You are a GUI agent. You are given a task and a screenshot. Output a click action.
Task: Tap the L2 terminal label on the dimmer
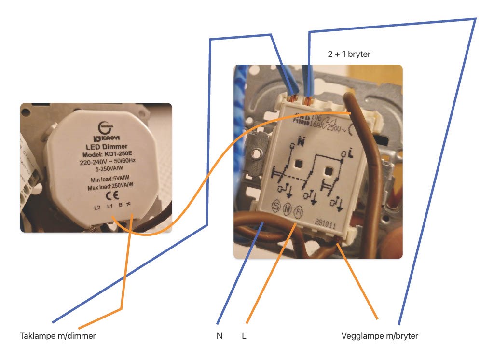pyautogui.click(x=96, y=208)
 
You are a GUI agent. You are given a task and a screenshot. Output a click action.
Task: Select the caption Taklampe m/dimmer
pyautogui.click(x=57, y=336)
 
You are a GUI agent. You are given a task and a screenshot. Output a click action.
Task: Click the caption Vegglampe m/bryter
pyautogui.click(x=379, y=336)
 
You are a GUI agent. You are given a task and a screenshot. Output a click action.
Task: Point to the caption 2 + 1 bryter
pyautogui.click(x=349, y=55)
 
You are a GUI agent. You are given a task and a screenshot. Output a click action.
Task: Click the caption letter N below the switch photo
pyautogui.click(x=220, y=336)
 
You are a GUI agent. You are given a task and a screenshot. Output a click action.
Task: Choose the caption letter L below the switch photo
pyautogui.click(x=244, y=336)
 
